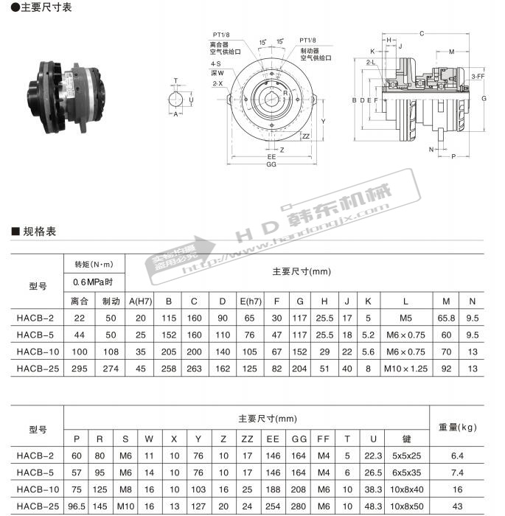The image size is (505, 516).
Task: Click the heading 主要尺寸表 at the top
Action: click(32, 9)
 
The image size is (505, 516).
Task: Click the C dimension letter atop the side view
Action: click(421, 33)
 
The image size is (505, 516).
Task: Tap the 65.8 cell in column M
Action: click(446, 318)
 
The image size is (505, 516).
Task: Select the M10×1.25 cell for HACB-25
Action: click(405, 368)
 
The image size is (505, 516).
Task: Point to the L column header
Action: click(405, 301)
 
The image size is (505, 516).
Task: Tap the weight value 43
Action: click(458, 506)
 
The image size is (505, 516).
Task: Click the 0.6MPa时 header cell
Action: click(94, 282)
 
